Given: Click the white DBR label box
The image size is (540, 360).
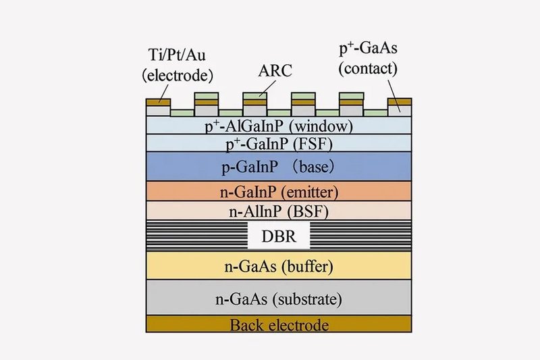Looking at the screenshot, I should coord(279,237).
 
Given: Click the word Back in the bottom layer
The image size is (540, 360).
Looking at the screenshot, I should coord(247,326).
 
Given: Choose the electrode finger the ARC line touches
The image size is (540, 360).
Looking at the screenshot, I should coord(254,102).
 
